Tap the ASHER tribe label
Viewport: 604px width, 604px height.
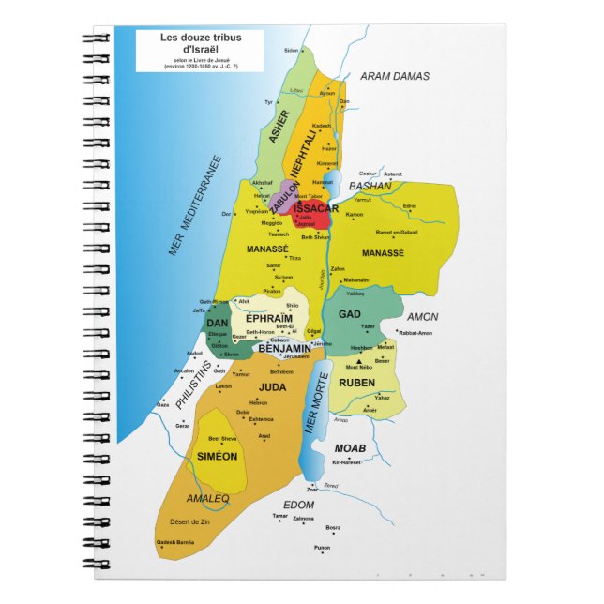[279, 125]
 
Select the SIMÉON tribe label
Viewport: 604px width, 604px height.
[218, 455]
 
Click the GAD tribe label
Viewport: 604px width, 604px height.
[350, 314]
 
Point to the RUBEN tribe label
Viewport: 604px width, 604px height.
[357, 383]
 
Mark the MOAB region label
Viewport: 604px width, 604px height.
[350, 448]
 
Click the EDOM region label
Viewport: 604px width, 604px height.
[298, 505]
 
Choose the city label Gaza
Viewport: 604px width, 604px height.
[162, 404]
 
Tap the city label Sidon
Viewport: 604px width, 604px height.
[292, 50]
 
